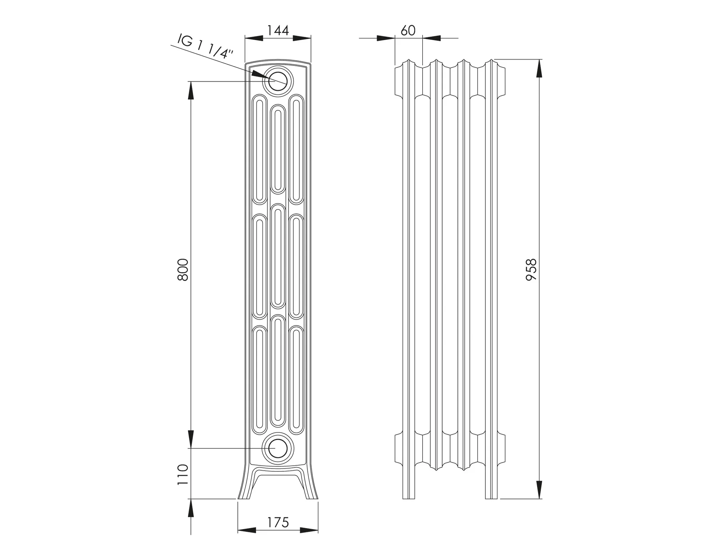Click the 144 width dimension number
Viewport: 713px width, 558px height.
[x=278, y=31]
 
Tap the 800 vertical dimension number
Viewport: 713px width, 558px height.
[x=183, y=269]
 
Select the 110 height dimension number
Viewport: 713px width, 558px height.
[x=183, y=474]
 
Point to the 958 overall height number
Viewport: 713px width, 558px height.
[x=531, y=269]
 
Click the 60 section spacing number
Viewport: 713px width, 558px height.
[x=408, y=31]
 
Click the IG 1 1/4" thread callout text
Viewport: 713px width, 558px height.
[x=205, y=46]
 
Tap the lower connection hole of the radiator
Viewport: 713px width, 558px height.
[x=277, y=448]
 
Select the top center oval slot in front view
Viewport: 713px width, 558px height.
[x=278, y=150]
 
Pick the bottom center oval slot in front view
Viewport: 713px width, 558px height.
[x=278, y=371]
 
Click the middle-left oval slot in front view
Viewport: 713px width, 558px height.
[x=259, y=266]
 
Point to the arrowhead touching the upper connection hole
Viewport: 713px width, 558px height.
[x=259, y=74]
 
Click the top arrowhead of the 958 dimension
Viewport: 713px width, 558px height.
[x=539, y=68]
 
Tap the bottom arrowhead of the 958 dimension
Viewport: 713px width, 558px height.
[x=539, y=489]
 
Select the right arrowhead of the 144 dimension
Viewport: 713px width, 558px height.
[x=301, y=38]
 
